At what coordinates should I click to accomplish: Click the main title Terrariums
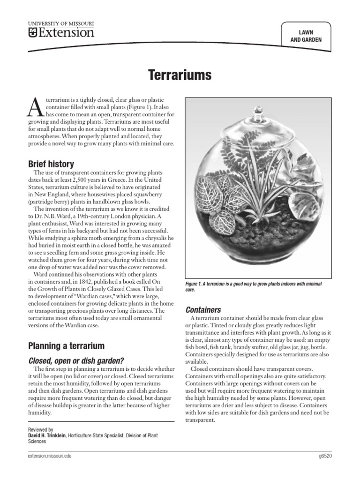click(x=180, y=75)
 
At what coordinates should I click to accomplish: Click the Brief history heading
click(x=51, y=164)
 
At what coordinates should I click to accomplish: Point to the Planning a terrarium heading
click(x=67, y=346)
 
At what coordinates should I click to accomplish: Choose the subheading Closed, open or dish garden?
click(x=76, y=360)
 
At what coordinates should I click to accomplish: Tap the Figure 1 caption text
click(x=253, y=287)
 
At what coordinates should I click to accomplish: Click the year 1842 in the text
click(x=85, y=281)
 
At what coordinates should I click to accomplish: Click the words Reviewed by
click(x=41, y=429)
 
